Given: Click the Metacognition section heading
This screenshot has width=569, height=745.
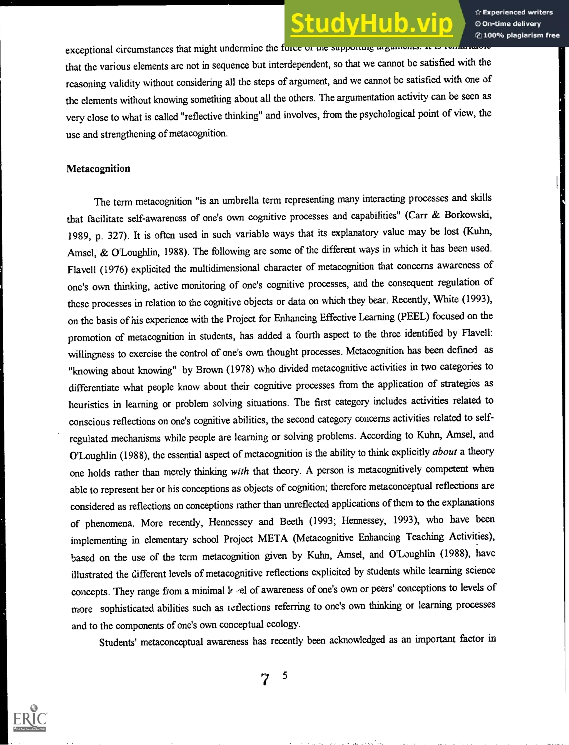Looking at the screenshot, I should point(98,169).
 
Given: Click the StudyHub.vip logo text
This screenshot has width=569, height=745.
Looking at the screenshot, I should point(371,24).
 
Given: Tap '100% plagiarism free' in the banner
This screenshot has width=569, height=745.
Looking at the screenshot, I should point(521,35).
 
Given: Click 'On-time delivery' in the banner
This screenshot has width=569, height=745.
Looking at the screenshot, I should point(511,24).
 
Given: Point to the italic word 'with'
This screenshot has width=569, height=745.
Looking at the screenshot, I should point(239,471).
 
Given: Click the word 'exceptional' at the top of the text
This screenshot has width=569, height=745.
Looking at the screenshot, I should point(89,50).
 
